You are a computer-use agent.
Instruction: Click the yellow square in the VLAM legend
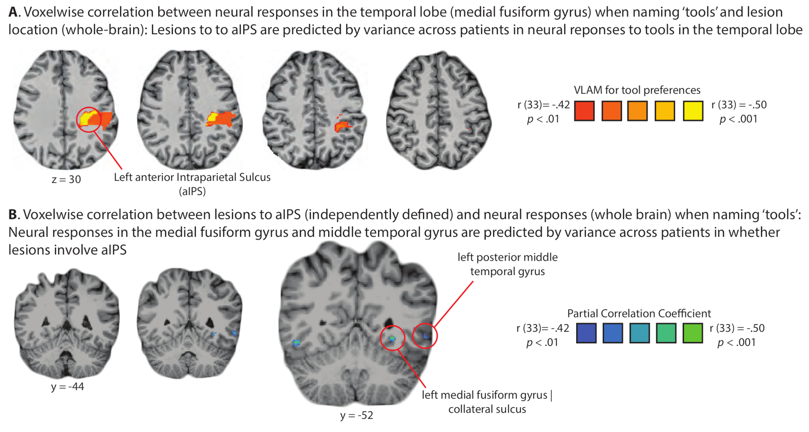pos(693,111)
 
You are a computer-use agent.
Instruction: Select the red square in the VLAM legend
pos(584,111)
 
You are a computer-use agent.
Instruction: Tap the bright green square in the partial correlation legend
pos(692,333)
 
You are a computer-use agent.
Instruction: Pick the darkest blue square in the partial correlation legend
pos(586,333)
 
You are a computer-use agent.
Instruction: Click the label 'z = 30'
pos(66,179)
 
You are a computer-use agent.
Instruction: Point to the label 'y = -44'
pos(67,387)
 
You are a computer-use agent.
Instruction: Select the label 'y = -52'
pos(356,415)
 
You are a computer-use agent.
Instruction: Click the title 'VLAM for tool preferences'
pos(637,90)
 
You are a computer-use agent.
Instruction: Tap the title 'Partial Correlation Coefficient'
pos(639,313)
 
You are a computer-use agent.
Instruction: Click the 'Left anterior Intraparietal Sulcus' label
pos(192,177)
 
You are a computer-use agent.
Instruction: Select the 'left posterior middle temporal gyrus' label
pos(507,264)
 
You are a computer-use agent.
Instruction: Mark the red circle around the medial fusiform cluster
pos(392,338)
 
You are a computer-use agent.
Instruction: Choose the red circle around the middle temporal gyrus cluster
pos(425,336)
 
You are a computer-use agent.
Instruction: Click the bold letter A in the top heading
pos(13,12)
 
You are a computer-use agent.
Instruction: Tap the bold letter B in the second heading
pos(13,214)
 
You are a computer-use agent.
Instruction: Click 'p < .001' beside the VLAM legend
pos(738,119)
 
